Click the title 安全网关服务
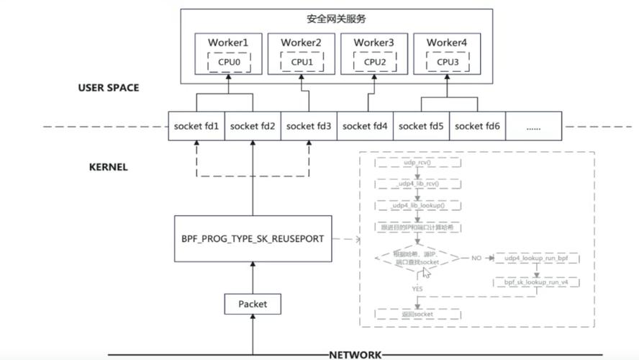(x=336, y=19)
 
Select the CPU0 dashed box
(x=228, y=62)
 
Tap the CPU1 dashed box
(x=302, y=62)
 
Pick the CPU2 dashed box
(x=374, y=62)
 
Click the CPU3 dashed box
(x=447, y=62)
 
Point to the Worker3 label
(x=374, y=43)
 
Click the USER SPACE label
(x=109, y=88)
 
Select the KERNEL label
(x=108, y=167)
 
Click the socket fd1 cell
(x=196, y=126)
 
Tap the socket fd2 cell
(x=252, y=126)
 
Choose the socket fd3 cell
(x=309, y=126)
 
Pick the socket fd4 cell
(x=365, y=126)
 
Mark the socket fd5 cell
(x=421, y=126)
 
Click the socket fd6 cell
(x=477, y=126)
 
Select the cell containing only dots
(x=533, y=126)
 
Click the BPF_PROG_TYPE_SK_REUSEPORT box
(x=253, y=238)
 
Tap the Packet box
(x=253, y=304)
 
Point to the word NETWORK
(x=355, y=355)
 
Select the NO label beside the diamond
(x=476, y=257)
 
